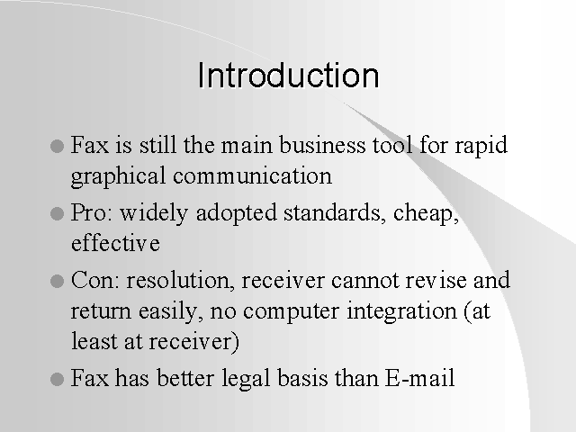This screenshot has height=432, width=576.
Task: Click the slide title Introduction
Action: point(288,75)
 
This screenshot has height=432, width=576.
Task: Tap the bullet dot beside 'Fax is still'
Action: point(57,146)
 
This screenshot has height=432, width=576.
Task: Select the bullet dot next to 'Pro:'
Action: point(57,213)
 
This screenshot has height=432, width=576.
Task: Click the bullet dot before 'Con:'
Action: point(57,281)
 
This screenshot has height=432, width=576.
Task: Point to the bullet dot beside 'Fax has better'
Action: point(57,379)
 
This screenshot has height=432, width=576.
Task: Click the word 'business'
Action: point(322,144)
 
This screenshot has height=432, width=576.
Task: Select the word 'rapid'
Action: point(481,147)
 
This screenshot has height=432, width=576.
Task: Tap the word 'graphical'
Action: point(118,177)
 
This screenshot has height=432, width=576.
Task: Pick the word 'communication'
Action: point(252,175)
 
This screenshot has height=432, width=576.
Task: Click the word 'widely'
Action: point(154,214)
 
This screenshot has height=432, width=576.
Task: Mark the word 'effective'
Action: point(115,242)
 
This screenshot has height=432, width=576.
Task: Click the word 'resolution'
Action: point(180,280)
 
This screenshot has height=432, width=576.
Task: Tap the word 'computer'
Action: point(292,312)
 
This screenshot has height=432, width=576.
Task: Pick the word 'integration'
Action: point(402,312)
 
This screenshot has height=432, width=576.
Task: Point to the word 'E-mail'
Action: point(420,377)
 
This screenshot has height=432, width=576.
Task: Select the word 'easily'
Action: point(171,312)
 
